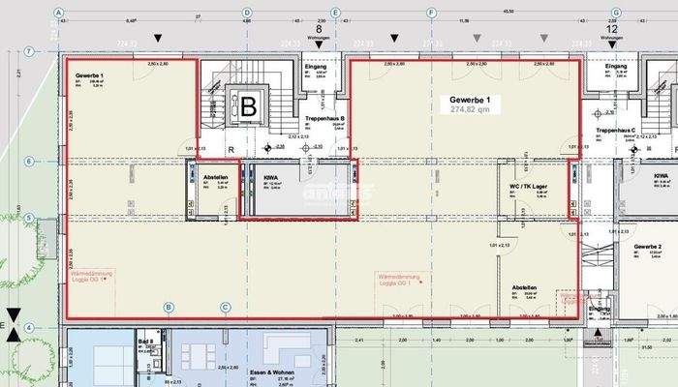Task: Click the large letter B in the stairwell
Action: tap(249, 107)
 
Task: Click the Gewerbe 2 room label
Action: tap(648, 248)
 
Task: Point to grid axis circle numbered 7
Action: tap(29, 51)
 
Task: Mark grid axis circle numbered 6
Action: tap(29, 161)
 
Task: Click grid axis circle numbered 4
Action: tap(29, 327)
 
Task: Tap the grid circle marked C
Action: tap(225, 308)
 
